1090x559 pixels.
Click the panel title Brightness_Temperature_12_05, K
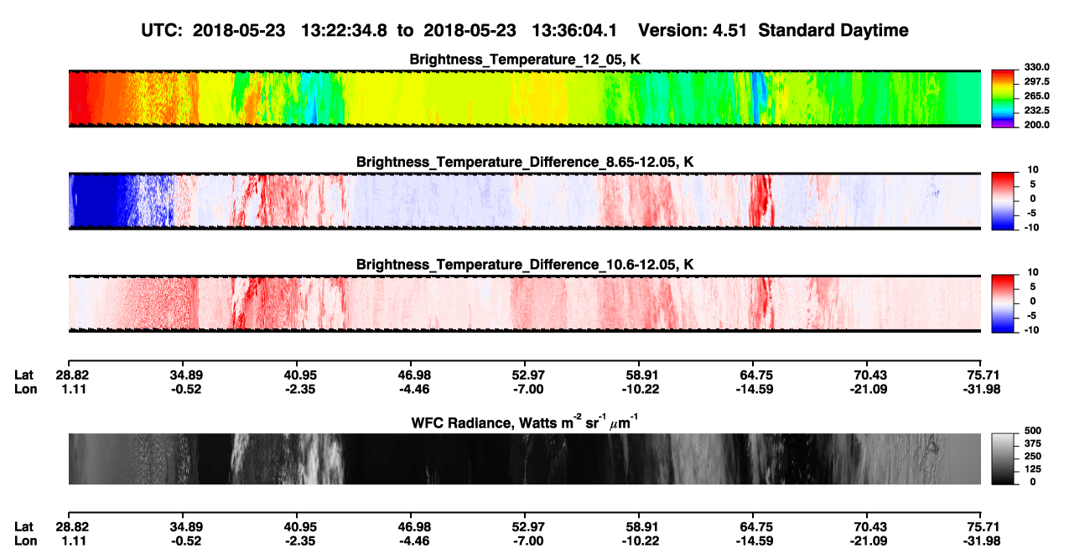(x=525, y=60)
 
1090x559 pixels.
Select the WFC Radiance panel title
(x=525, y=422)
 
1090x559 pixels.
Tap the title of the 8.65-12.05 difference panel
(x=525, y=162)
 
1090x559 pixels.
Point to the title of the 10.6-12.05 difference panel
(x=525, y=265)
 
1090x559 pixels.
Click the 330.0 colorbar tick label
(x=1036, y=67)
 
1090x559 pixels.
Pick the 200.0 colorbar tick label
(x=1036, y=125)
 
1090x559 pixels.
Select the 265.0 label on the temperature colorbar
(x=1036, y=96)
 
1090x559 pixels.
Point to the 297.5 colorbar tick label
(x=1036, y=81)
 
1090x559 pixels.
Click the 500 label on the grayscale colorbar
(x=1033, y=431)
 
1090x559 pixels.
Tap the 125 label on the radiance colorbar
(x=1033, y=469)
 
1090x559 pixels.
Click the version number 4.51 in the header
(x=729, y=31)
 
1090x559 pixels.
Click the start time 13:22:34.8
(x=344, y=31)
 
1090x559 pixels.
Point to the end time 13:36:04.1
(x=574, y=31)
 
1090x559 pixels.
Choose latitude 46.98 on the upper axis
(x=414, y=375)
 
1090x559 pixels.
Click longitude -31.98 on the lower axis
(x=982, y=541)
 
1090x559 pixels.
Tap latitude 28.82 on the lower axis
(x=72, y=527)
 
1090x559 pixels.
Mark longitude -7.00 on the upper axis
(x=528, y=389)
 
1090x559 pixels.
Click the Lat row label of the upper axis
(x=23, y=375)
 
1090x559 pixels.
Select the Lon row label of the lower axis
(x=26, y=541)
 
